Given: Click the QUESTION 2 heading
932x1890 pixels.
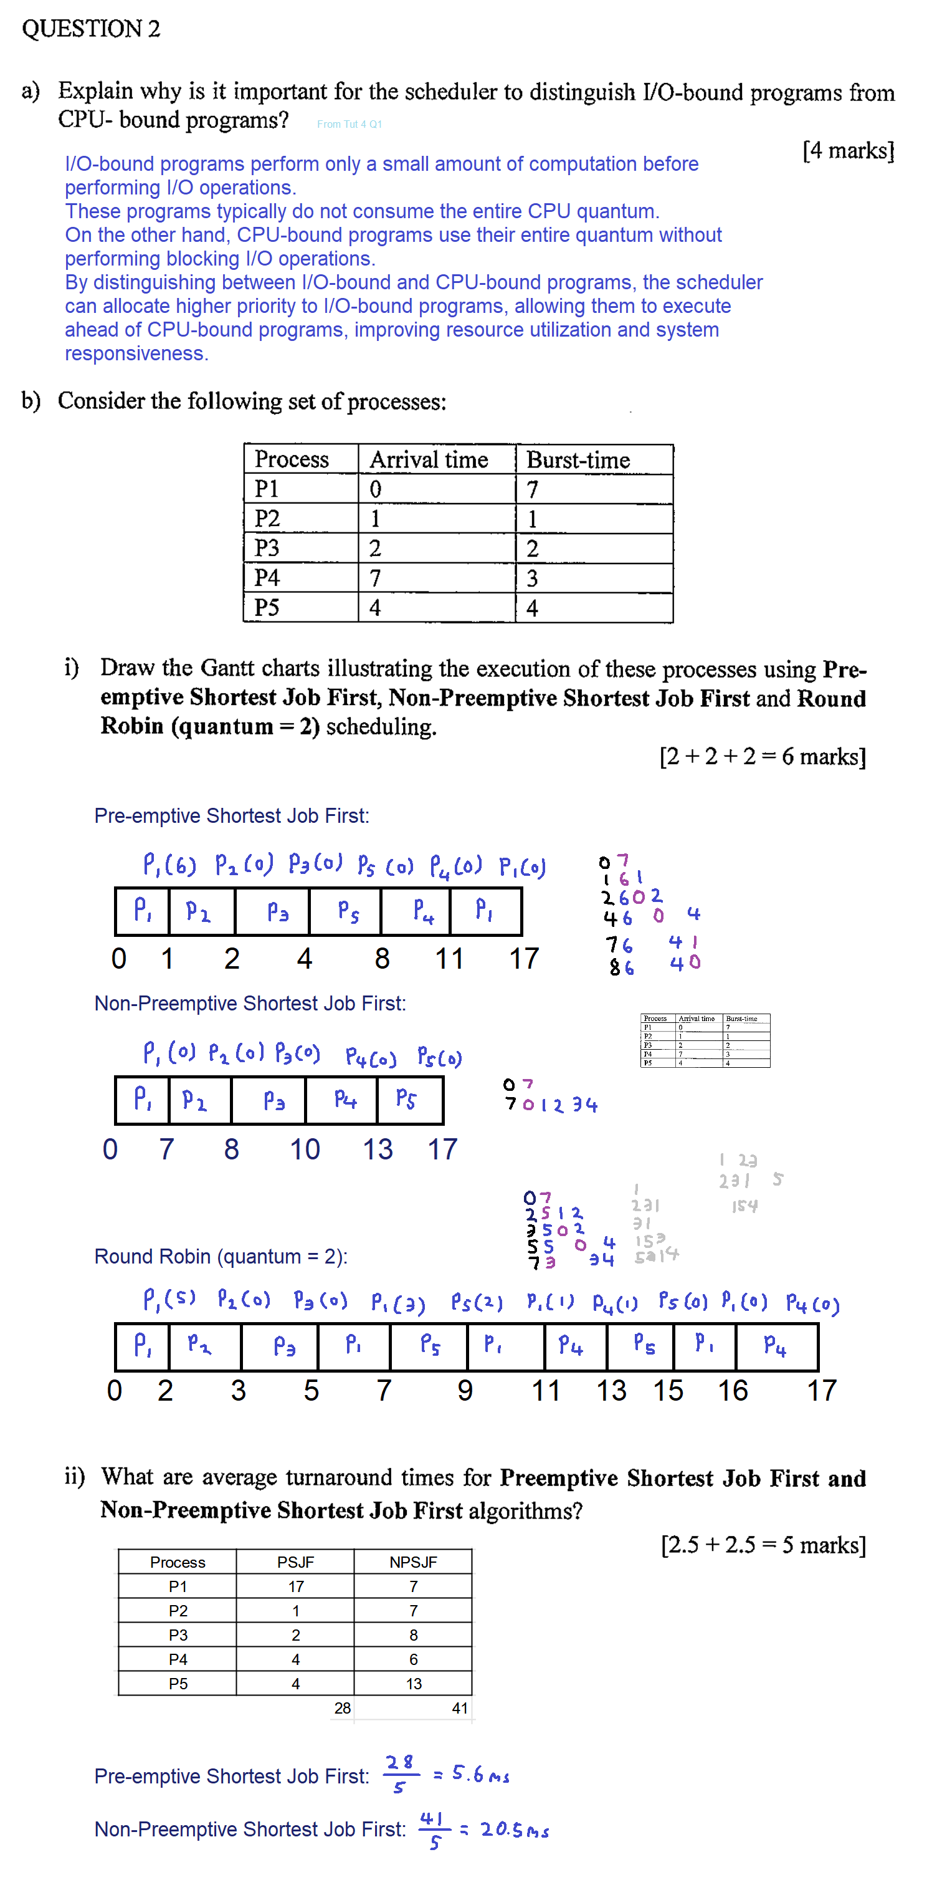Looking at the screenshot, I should tap(91, 29).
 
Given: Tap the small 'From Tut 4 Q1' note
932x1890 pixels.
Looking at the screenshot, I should tap(349, 124).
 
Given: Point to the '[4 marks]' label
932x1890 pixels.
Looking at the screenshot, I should tap(848, 150).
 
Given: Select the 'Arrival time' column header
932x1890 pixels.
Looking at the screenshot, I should tap(429, 460).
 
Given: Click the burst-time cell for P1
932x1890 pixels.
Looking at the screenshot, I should tap(533, 489).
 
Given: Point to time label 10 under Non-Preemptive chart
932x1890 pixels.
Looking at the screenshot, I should tap(304, 1149).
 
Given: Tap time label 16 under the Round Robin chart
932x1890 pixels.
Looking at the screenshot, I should tap(733, 1390).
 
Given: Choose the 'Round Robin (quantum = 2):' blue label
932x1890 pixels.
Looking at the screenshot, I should tap(221, 1257).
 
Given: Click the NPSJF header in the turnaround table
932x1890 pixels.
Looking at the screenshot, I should tap(413, 1562).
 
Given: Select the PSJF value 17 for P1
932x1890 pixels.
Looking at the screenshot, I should tap(295, 1586).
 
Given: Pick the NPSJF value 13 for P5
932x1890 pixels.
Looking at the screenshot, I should tap(414, 1683).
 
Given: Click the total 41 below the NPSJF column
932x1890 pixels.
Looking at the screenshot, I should tap(460, 1708).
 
